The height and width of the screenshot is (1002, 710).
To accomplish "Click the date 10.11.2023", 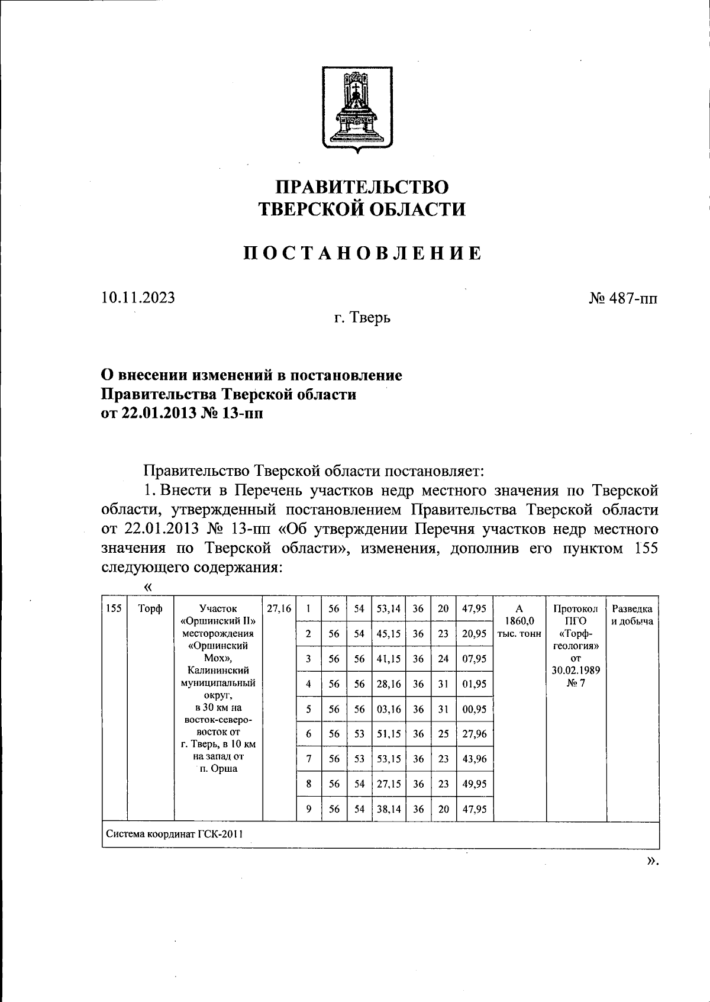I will pos(138,297).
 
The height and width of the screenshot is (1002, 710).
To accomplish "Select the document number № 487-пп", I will pos(622,298).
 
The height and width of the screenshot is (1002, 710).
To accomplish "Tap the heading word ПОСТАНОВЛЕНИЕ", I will pos(363,253).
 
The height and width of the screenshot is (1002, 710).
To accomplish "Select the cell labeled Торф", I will pos(150,608).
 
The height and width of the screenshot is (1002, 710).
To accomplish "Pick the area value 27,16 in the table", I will pos(279,608).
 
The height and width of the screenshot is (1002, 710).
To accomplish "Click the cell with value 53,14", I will pos(388,608).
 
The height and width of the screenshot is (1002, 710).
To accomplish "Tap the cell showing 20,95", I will pos(474,633).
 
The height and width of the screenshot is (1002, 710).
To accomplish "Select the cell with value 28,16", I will pos(388,684).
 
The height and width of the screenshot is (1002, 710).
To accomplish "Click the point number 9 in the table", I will pos(308,809).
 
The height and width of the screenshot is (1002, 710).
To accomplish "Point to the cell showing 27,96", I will pos(474,734).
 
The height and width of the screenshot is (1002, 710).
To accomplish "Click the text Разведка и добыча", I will pos(632,615).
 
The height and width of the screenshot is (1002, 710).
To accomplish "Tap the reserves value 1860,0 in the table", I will pos(519,621).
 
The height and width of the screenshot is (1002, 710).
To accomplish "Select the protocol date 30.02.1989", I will pos(575,671).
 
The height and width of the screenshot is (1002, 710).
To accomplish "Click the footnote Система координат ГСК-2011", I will pos(175,835).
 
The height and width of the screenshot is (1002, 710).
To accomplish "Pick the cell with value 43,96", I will pos(474,759).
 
